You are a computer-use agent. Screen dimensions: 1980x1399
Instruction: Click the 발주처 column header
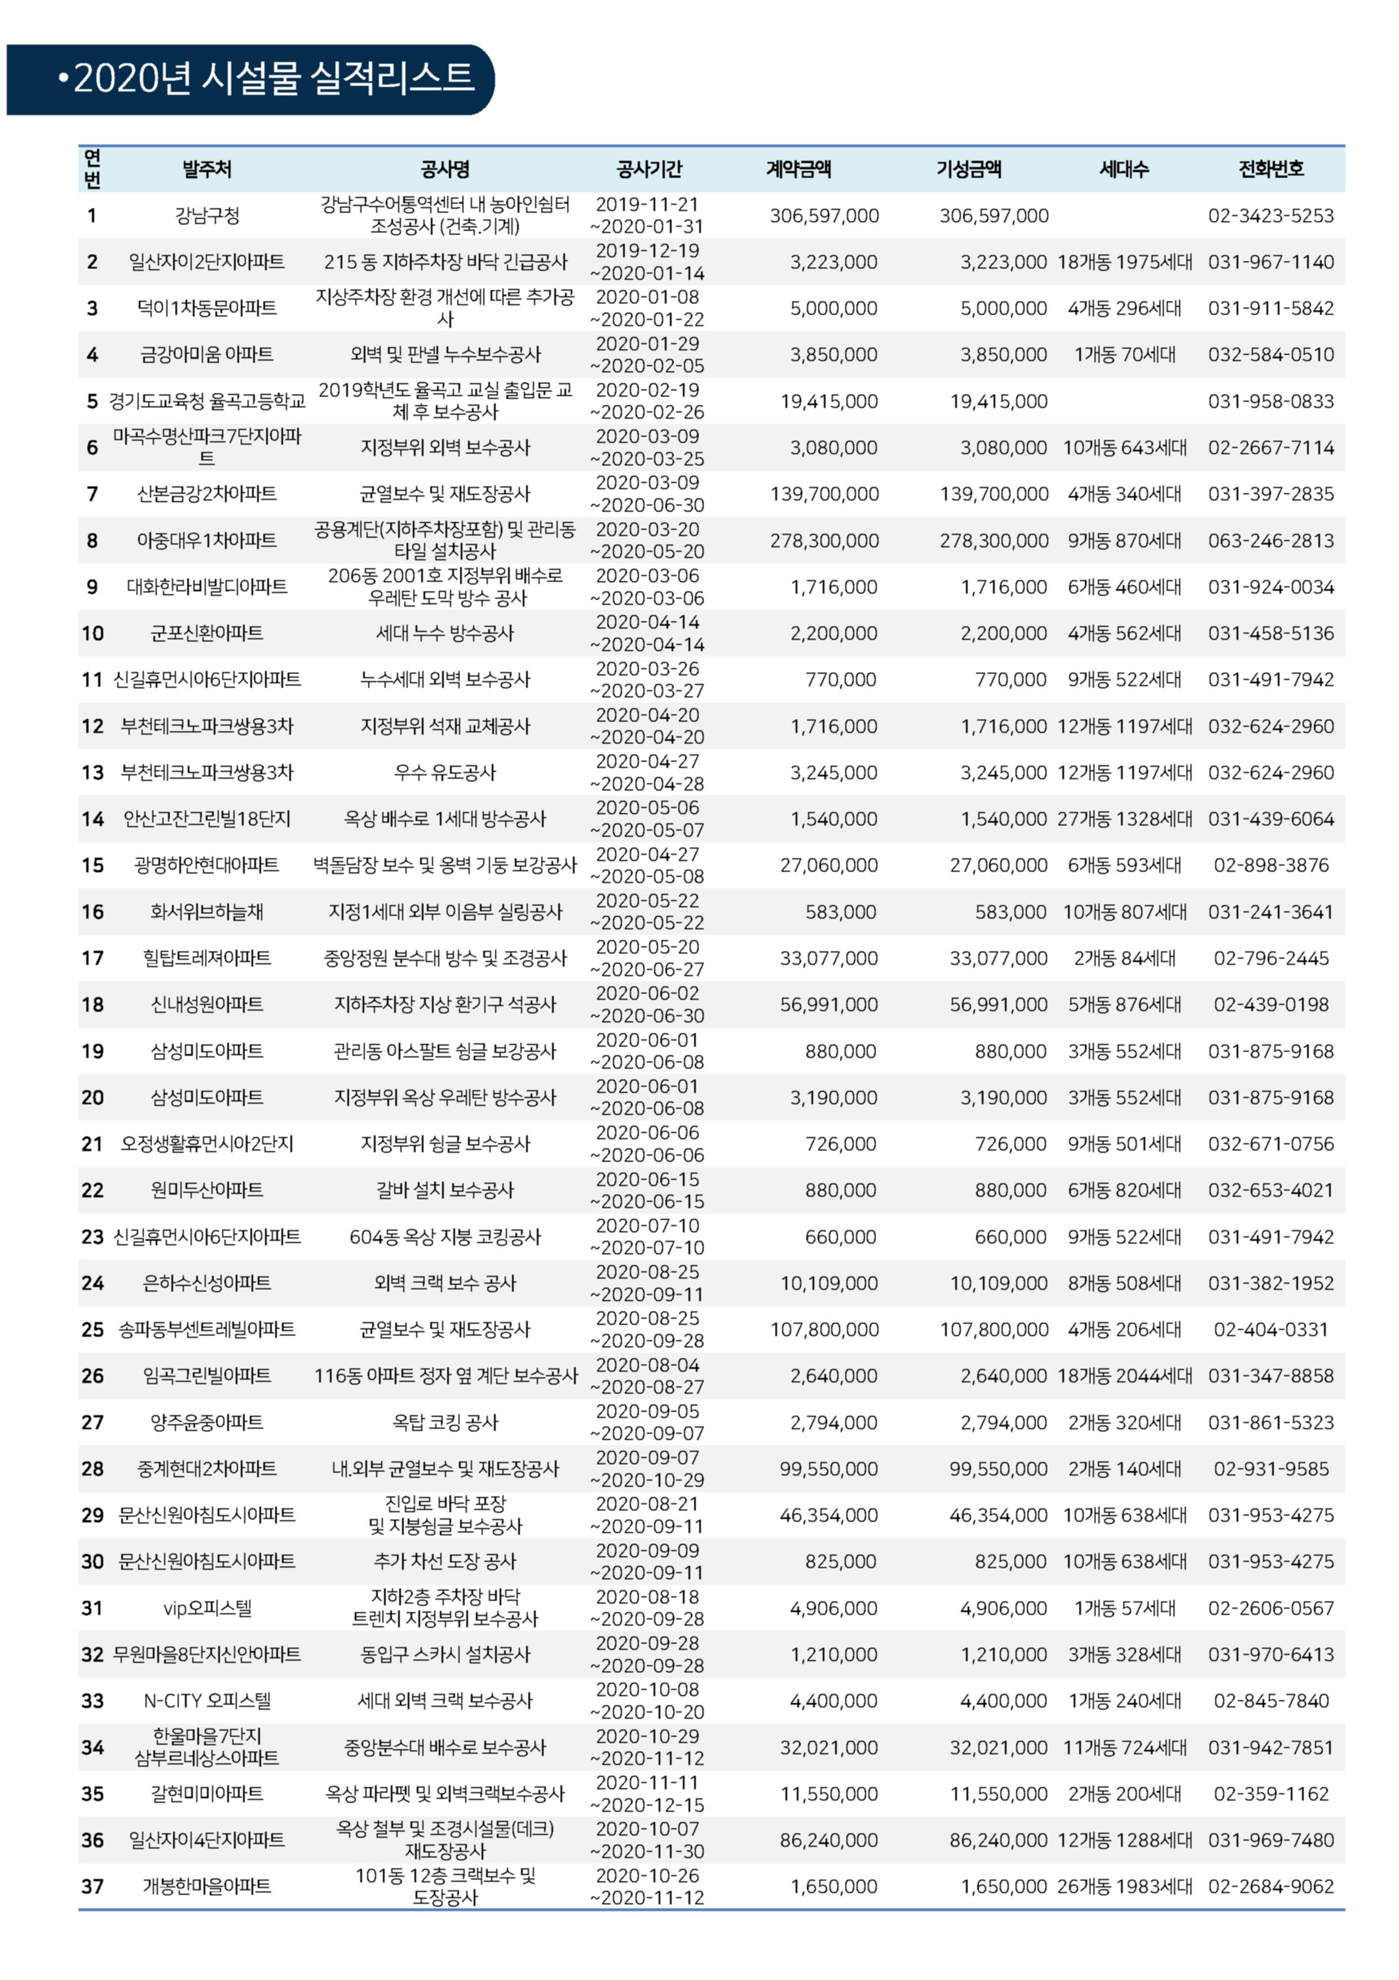pyautogui.click(x=207, y=169)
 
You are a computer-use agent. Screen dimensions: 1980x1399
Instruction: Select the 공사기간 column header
pyautogui.click(x=649, y=169)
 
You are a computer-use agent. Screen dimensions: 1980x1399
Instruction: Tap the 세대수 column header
pyautogui.click(x=1124, y=169)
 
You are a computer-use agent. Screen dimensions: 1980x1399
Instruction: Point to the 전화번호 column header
pyautogui.click(x=1270, y=169)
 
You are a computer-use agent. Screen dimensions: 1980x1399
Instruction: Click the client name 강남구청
pyautogui.click(x=207, y=216)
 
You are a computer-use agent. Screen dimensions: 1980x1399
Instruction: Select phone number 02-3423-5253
pyautogui.click(x=1270, y=216)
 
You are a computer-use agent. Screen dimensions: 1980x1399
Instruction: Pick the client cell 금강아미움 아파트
pyautogui.click(x=207, y=354)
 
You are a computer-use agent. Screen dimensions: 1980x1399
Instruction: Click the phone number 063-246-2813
pyautogui.click(x=1270, y=541)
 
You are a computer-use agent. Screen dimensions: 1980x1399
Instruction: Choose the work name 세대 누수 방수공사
pyautogui.click(x=445, y=633)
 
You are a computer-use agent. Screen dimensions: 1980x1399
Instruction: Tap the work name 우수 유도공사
pyautogui.click(x=445, y=772)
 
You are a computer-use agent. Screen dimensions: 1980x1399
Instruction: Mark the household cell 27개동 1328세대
pyautogui.click(x=1124, y=819)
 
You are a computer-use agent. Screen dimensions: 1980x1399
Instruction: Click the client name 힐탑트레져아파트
pyautogui.click(x=207, y=958)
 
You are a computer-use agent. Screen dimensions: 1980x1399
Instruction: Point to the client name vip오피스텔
pyautogui.click(x=207, y=1608)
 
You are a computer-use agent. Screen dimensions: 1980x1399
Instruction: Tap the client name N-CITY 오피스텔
pyautogui.click(x=207, y=1701)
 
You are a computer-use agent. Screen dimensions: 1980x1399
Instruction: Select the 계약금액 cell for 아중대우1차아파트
pyautogui.click(x=824, y=541)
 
